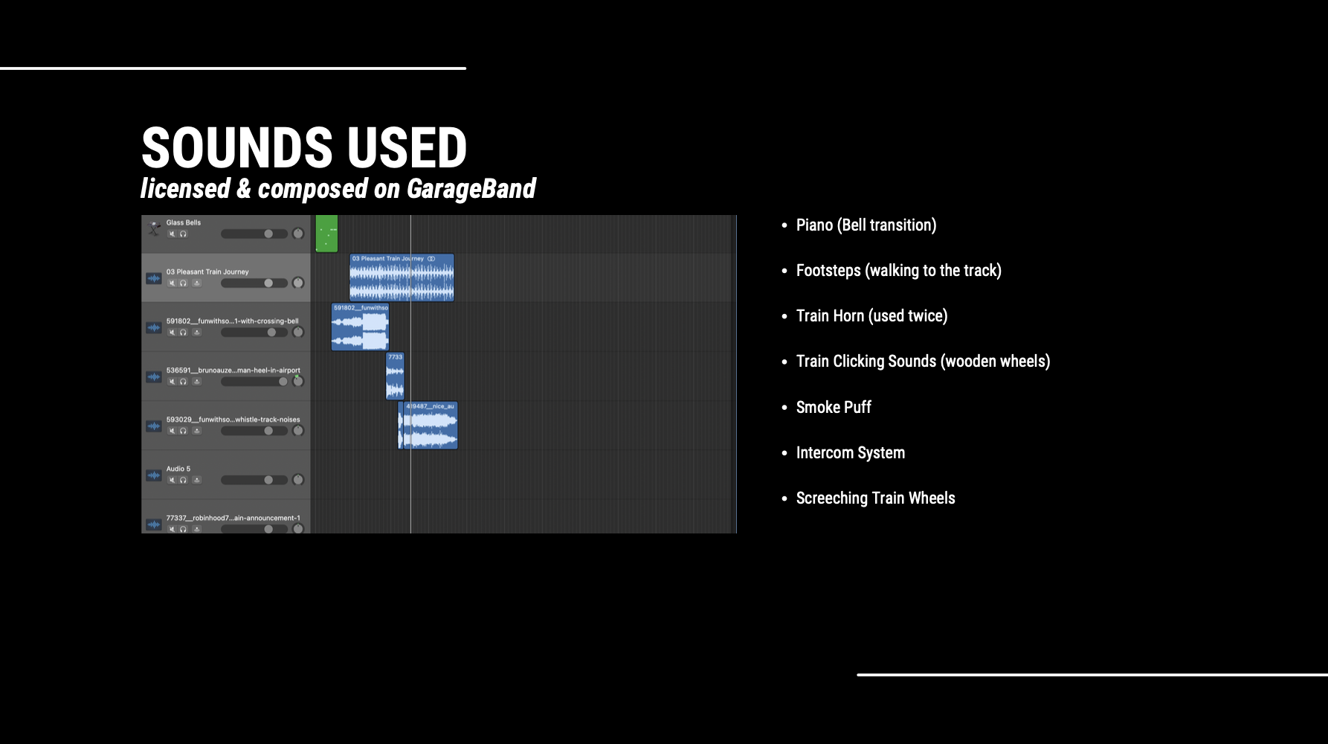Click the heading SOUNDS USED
304,147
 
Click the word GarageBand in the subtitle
471,189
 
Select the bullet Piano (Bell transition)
866,225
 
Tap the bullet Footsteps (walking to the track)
898,271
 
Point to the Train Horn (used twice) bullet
871,316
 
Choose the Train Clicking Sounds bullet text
923,362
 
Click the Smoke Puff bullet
834,408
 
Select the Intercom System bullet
850,453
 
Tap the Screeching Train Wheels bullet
875,498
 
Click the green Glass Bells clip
326,234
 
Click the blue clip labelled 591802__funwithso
360,328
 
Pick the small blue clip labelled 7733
395,376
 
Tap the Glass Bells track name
184,222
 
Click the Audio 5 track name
178,469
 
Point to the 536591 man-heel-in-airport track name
233,370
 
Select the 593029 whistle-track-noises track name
233,420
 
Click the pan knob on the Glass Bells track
298,234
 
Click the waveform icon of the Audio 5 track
154,475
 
